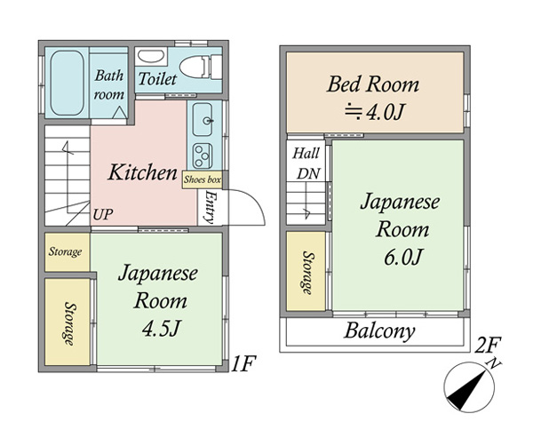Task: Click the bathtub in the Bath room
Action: pyautogui.click(x=67, y=83)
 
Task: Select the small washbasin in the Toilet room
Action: pyautogui.click(x=151, y=57)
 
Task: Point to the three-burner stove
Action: pyautogui.click(x=203, y=155)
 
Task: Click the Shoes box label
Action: pyautogui.click(x=203, y=179)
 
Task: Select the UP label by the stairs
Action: pyautogui.click(x=103, y=214)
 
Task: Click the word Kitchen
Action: pyautogui.click(x=143, y=172)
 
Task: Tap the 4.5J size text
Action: pyautogui.click(x=161, y=328)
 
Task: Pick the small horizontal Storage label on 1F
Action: pyautogui.click(x=65, y=251)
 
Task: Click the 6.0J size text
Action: pyautogui.click(x=403, y=257)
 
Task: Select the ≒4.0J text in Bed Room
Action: pyautogui.click(x=374, y=112)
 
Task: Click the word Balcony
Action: pyautogui.click(x=379, y=330)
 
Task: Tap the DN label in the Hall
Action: pyautogui.click(x=308, y=173)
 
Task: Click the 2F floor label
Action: pyautogui.click(x=488, y=345)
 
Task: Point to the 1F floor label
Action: pyautogui.click(x=243, y=364)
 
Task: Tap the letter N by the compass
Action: pyautogui.click(x=494, y=363)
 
